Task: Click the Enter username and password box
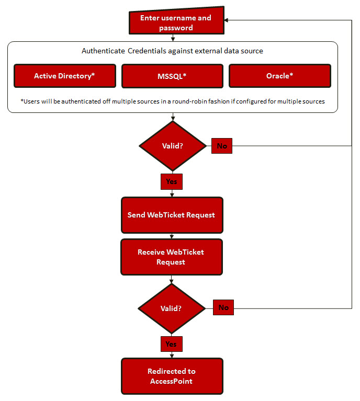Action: coord(176,20)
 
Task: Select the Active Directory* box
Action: coord(65,76)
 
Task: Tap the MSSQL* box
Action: coord(172,76)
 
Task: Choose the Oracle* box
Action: coord(280,76)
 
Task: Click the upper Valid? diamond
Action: coord(173,146)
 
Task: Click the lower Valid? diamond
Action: coord(172,308)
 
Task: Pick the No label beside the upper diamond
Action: coord(222,146)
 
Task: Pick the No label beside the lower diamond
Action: coord(223,307)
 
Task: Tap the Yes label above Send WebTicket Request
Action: coord(172,181)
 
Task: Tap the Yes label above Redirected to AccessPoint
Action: coord(172,344)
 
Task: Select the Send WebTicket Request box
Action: coord(172,215)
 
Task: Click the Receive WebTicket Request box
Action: coord(172,257)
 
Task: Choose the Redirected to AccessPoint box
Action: coord(172,376)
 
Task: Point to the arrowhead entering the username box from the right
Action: coord(227,20)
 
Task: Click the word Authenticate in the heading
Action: coord(103,51)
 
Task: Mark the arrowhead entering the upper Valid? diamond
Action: coord(173,118)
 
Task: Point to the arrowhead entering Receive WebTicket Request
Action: coord(172,236)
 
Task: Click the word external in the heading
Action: coord(208,51)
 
